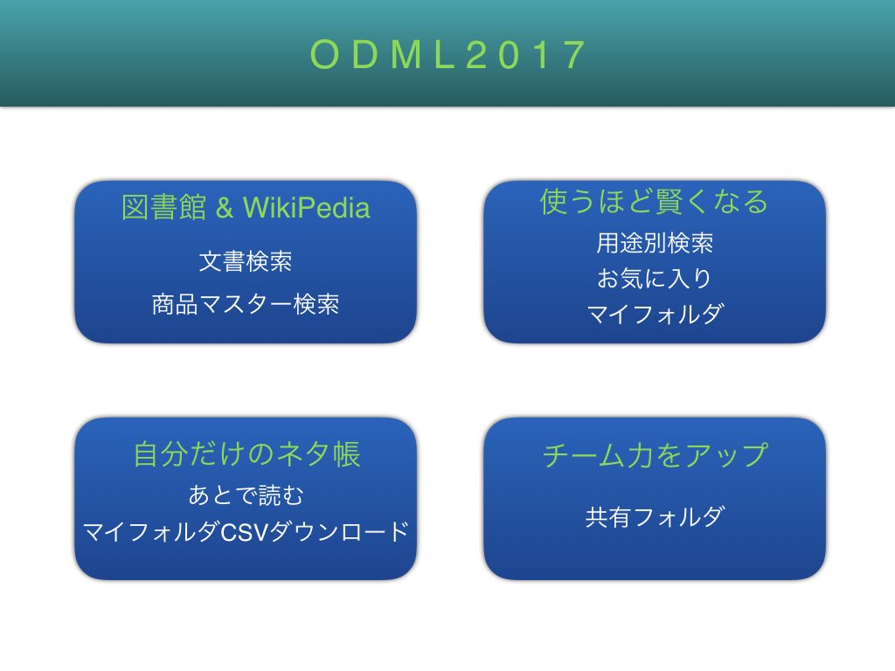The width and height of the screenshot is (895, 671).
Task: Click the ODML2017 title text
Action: (x=447, y=55)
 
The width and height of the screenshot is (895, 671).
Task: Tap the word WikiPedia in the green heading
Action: (x=307, y=207)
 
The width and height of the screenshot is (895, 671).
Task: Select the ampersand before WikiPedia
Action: (x=225, y=208)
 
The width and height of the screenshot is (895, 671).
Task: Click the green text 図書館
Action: (x=163, y=207)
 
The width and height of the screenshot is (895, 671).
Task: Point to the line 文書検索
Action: (x=246, y=261)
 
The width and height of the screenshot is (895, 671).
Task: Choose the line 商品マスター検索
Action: (x=246, y=304)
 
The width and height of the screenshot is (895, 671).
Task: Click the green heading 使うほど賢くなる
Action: (x=654, y=202)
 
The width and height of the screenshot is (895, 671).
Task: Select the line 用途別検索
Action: (x=655, y=243)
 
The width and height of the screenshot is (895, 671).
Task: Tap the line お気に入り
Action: (x=654, y=279)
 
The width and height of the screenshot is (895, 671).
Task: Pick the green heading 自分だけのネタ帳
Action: (x=246, y=454)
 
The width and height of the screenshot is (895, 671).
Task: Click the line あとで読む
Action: (x=246, y=495)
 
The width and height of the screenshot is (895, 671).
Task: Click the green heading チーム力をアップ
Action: (x=655, y=455)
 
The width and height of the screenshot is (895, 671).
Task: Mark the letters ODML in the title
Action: (x=381, y=55)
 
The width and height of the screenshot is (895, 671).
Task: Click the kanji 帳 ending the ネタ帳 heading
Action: (x=347, y=454)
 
